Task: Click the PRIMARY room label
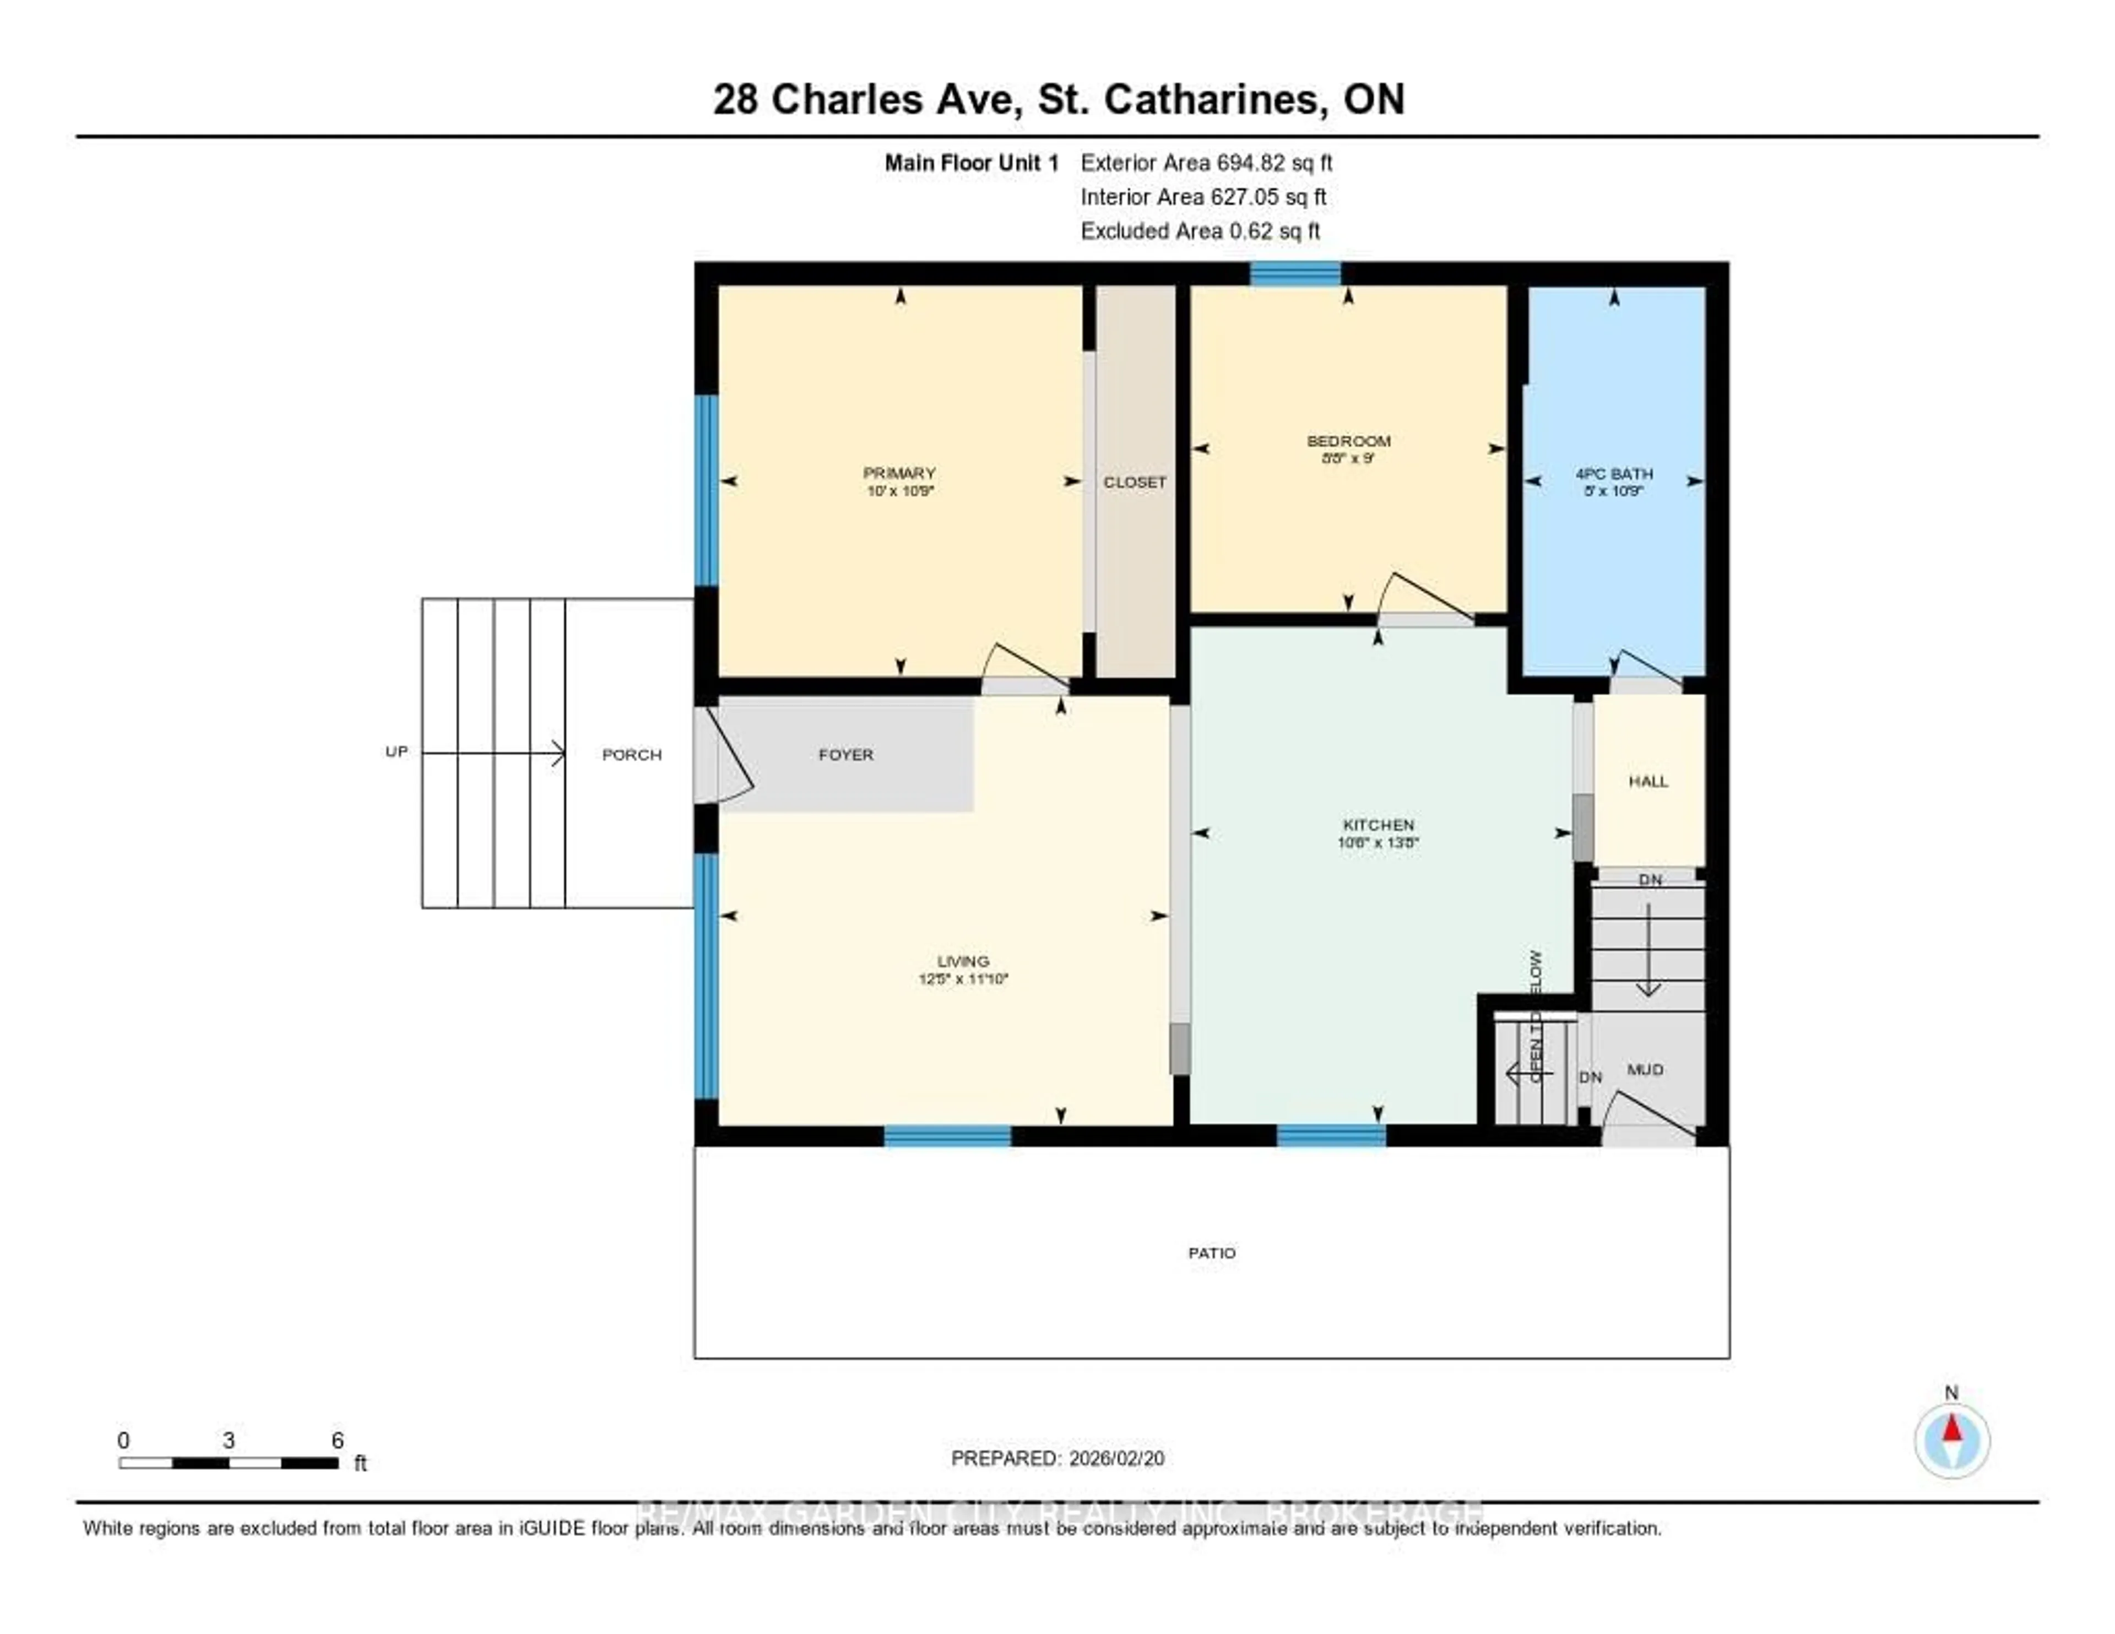pos(899,473)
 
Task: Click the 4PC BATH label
pos(1613,474)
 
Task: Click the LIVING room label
pos(963,961)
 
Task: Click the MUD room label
pos(1644,1069)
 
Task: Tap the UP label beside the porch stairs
pos(396,751)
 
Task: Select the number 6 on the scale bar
pos(337,1440)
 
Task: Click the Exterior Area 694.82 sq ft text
pos(1206,163)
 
